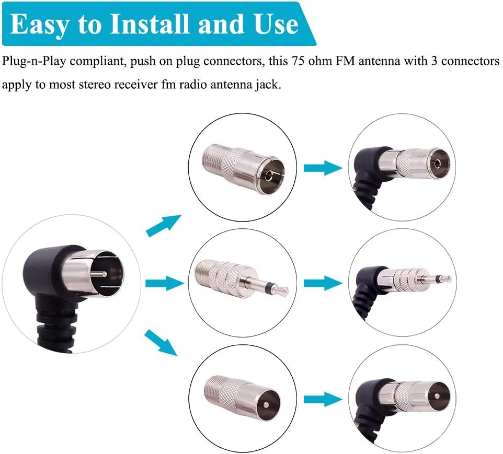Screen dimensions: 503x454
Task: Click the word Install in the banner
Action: coord(149,24)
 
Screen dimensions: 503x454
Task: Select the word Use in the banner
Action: coord(277,24)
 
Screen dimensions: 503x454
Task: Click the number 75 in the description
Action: coord(298,61)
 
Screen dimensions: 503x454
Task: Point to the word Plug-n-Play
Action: coord(33,62)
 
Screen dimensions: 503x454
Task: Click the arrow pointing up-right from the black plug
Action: coord(163,225)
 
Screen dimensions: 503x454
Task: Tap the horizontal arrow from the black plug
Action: coord(164,283)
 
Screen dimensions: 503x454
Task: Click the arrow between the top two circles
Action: coord(323,168)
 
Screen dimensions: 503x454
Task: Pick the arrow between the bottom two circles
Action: coord(323,399)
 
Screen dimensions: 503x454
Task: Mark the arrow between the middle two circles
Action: coord(323,283)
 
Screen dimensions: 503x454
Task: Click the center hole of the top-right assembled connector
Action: coord(437,165)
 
